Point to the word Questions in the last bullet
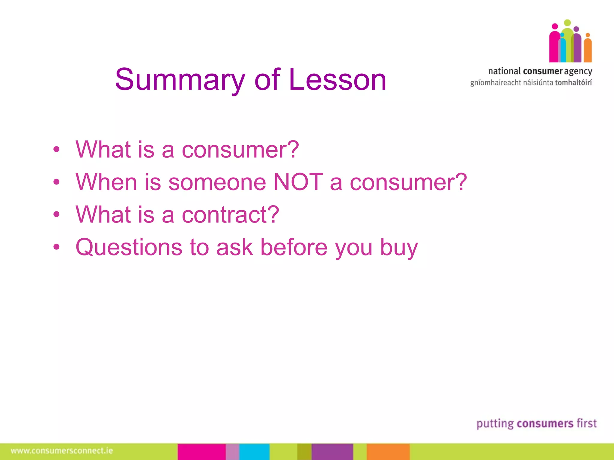129,247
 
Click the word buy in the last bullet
399,248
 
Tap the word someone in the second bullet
217,182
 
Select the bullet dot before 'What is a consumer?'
56,149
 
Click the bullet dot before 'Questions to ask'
56,247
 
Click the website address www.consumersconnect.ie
62,451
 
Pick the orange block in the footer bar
388,452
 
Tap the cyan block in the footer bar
254,452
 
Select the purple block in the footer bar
332,452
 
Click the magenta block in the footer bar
201,452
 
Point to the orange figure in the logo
588,49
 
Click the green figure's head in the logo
567,23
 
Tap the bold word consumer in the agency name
543,71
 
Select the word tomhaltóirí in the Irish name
574,83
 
